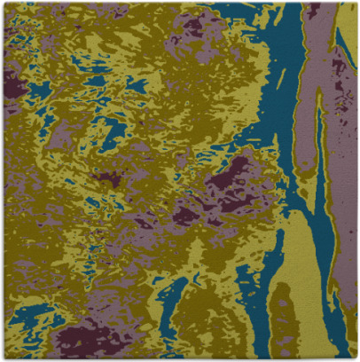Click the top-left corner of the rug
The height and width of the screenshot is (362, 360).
(3, 3)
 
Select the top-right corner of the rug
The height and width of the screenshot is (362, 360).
(356, 3)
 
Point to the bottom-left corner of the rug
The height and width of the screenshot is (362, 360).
(3, 358)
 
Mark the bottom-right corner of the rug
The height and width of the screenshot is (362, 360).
(356, 358)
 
